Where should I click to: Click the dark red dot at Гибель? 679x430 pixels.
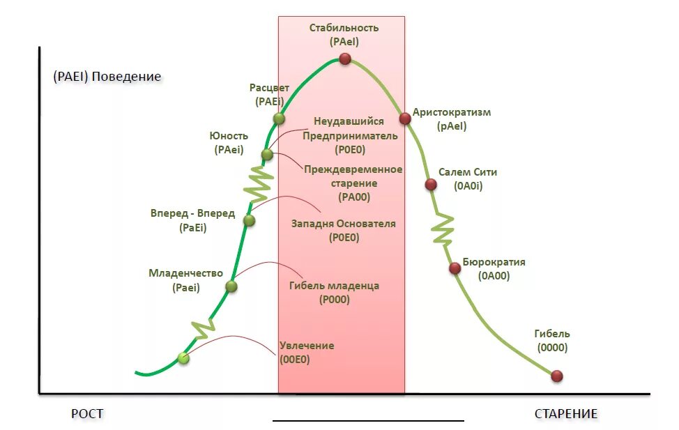[x=556, y=376]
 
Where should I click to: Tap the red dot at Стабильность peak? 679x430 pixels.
[x=344, y=59]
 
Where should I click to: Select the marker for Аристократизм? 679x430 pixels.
[x=404, y=118]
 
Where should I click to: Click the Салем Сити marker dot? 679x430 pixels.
[x=431, y=185]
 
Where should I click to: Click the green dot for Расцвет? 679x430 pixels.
[x=279, y=118]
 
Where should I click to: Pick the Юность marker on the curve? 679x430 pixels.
[x=267, y=155]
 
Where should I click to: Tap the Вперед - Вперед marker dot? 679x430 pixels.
[x=249, y=221]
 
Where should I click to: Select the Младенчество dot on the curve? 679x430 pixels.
[x=231, y=286]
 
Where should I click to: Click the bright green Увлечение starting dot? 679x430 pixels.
[x=183, y=358]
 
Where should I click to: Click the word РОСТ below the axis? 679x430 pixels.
[x=87, y=414]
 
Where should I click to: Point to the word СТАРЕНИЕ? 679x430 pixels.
[x=566, y=414]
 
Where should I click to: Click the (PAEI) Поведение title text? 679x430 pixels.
[x=107, y=77]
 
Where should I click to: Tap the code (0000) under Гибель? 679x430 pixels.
[x=552, y=348]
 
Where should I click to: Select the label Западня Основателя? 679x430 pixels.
[x=343, y=224]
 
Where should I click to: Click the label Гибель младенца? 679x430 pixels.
[x=334, y=286]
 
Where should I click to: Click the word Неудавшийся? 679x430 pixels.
[x=349, y=121]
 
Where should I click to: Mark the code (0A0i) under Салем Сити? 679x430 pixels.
[x=468, y=186]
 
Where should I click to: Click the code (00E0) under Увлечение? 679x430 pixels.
[x=295, y=360]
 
